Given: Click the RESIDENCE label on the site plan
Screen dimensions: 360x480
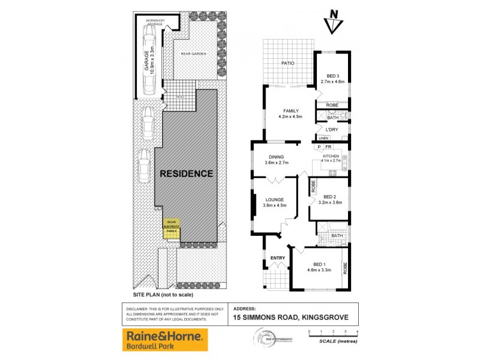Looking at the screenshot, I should pyautogui.click(x=186, y=174).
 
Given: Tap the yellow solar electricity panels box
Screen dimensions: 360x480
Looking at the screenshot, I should pyautogui.click(x=173, y=229).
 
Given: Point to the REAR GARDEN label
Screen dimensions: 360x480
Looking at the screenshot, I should pyautogui.click(x=193, y=54).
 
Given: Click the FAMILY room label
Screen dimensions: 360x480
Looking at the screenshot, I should pyautogui.click(x=291, y=113).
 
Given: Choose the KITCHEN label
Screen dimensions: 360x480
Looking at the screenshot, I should pyautogui.click(x=331, y=158).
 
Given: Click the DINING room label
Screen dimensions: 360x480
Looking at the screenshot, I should pyautogui.click(x=276, y=160).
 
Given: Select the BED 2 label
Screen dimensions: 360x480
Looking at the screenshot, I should pyautogui.click(x=332, y=199).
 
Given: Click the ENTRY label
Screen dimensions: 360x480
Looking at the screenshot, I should pyautogui.click(x=278, y=258).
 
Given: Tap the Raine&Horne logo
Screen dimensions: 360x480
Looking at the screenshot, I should pyautogui.click(x=165, y=340).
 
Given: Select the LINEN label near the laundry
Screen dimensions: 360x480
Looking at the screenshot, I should pyautogui.click(x=323, y=140).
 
